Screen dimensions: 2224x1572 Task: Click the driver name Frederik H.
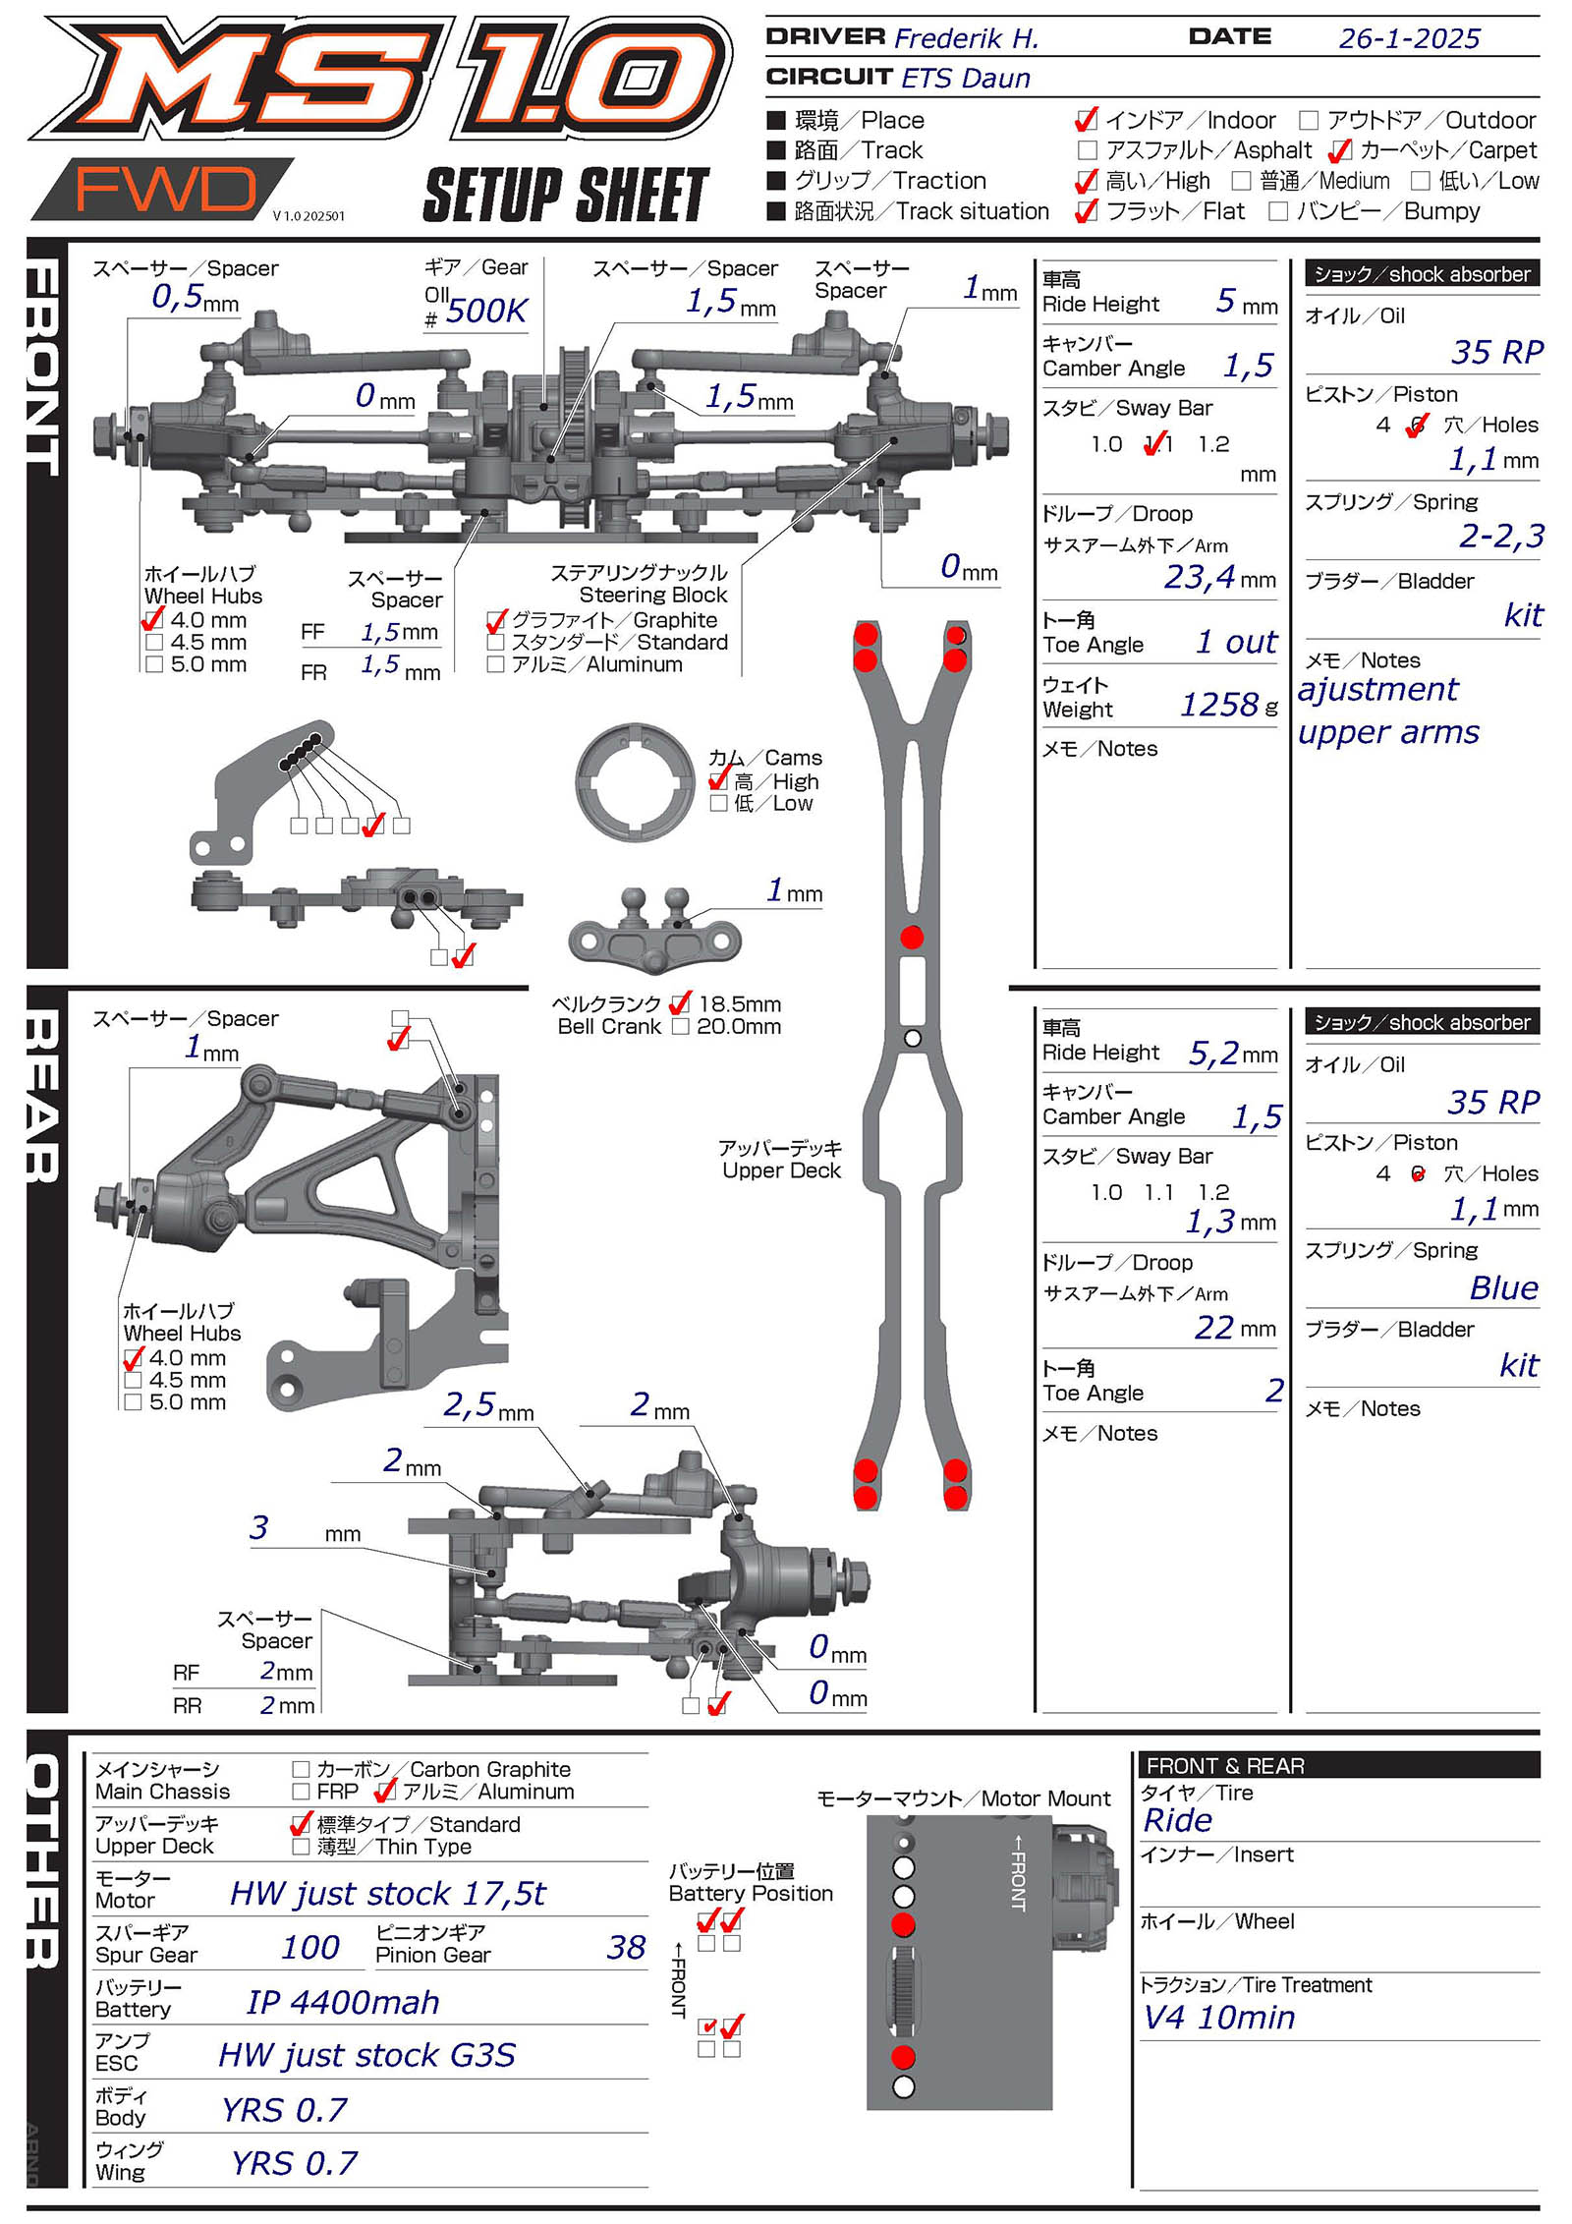tap(966, 38)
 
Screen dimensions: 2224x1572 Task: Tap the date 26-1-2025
tap(1408, 38)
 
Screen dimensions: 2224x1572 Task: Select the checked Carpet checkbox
tap(1339, 151)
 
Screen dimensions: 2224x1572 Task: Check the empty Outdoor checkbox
tap(1308, 121)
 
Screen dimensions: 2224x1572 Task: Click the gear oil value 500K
tap(486, 311)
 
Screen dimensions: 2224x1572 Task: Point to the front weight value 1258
tap(1218, 705)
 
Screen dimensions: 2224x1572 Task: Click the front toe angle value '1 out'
tap(1236, 642)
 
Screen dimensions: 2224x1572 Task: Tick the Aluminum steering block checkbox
tap(495, 664)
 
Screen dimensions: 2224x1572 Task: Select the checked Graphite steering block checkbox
tap(496, 621)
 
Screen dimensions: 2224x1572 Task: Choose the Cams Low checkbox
tap(718, 804)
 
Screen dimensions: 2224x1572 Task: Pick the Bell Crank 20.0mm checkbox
tap(680, 1027)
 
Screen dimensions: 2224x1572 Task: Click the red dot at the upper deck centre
tap(912, 937)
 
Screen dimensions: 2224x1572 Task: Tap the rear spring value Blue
tap(1503, 1287)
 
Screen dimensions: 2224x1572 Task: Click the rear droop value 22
tap(1214, 1328)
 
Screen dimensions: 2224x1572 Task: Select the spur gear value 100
tap(310, 1947)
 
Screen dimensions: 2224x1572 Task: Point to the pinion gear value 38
tap(626, 1947)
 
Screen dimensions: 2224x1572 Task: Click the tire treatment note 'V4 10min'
tap(1219, 2018)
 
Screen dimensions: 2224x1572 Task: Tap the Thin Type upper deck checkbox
tap(301, 1847)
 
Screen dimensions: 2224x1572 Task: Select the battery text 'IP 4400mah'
tap(343, 2002)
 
